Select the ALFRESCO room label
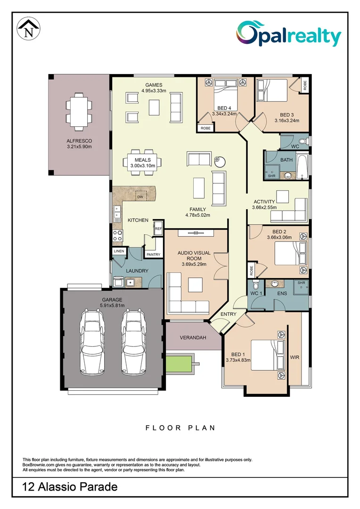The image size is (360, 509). tap(79, 140)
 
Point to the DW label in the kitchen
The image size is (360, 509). tap(140, 197)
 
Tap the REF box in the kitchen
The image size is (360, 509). tap(158, 228)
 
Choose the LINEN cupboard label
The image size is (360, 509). tap(119, 251)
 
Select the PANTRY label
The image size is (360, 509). tap(154, 254)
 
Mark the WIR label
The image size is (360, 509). tap(295, 358)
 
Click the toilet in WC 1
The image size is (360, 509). tap(255, 285)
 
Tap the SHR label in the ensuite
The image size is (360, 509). tap(302, 283)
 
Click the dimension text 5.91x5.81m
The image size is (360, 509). tap(112, 306)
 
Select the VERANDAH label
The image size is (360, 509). tap(193, 337)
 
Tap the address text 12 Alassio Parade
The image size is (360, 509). tap(70, 487)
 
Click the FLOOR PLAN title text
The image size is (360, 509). tap(180, 428)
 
